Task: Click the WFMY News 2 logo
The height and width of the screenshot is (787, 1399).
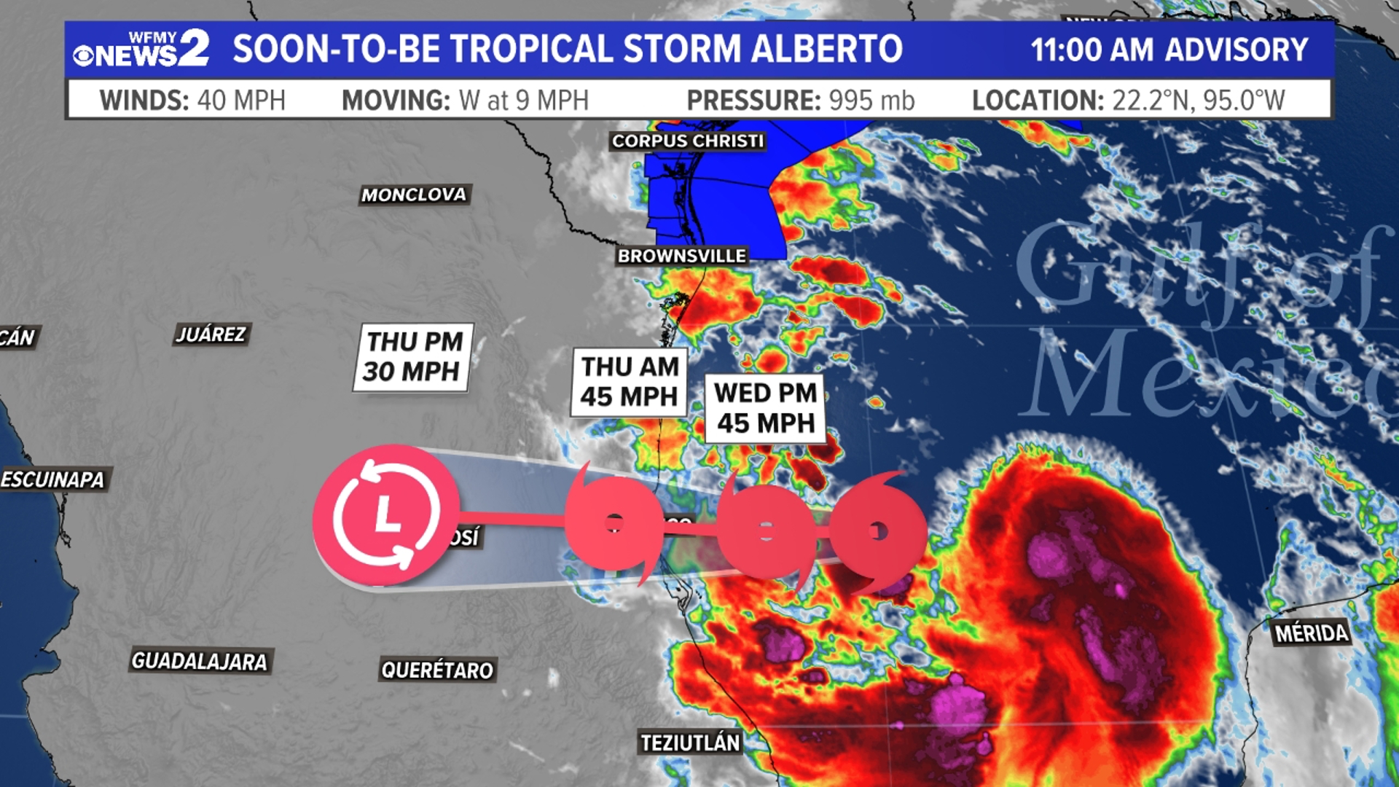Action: (x=141, y=50)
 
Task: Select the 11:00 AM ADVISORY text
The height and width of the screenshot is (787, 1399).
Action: (x=1169, y=50)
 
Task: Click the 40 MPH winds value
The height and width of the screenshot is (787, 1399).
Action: (x=241, y=101)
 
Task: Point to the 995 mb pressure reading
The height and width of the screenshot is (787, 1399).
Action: (x=871, y=101)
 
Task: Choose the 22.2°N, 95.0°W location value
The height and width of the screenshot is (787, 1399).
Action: (x=1198, y=101)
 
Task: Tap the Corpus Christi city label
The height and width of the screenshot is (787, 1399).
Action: (x=687, y=141)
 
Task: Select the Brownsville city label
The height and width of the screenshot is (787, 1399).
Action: (x=681, y=256)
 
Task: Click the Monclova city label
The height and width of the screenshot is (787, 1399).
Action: (x=414, y=195)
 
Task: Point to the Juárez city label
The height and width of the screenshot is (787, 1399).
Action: (x=211, y=334)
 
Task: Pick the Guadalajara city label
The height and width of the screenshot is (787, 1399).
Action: (x=200, y=662)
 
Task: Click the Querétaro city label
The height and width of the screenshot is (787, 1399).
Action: (x=437, y=670)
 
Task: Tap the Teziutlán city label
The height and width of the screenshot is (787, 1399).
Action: (x=690, y=743)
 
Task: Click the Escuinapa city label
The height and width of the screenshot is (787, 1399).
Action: (x=53, y=479)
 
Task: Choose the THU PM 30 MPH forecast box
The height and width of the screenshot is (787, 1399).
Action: (x=413, y=357)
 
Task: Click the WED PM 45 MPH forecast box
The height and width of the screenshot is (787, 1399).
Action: (x=765, y=408)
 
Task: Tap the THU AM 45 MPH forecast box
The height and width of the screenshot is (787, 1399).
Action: (x=630, y=382)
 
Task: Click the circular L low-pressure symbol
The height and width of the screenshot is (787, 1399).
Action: (x=386, y=515)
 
